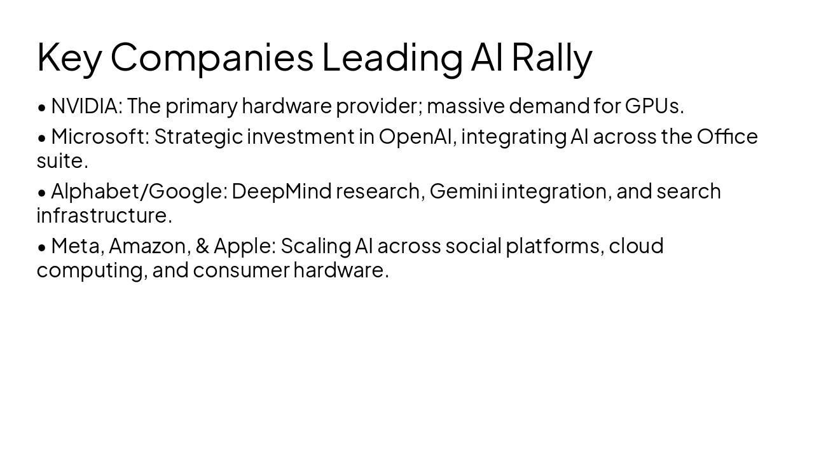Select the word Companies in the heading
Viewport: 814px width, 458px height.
click(x=212, y=57)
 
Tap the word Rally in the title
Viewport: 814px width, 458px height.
click(x=551, y=57)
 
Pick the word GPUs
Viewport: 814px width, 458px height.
click(x=654, y=106)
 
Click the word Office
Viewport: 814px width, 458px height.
click(x=727, y=136)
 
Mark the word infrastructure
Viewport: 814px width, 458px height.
click(x=104, y=215)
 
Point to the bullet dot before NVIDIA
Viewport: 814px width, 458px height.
click(x=42, y=108)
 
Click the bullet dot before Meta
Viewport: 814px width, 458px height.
click(x=42, y=247)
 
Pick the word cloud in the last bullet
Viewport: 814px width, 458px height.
click(x=636, y=246)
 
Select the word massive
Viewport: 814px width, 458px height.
click(x=466, y=106)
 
